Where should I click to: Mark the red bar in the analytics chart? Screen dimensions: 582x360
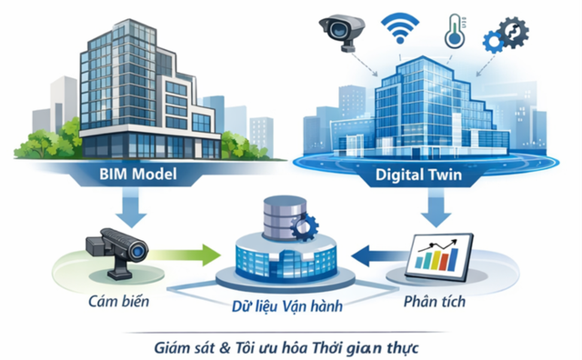pos(452,261)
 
